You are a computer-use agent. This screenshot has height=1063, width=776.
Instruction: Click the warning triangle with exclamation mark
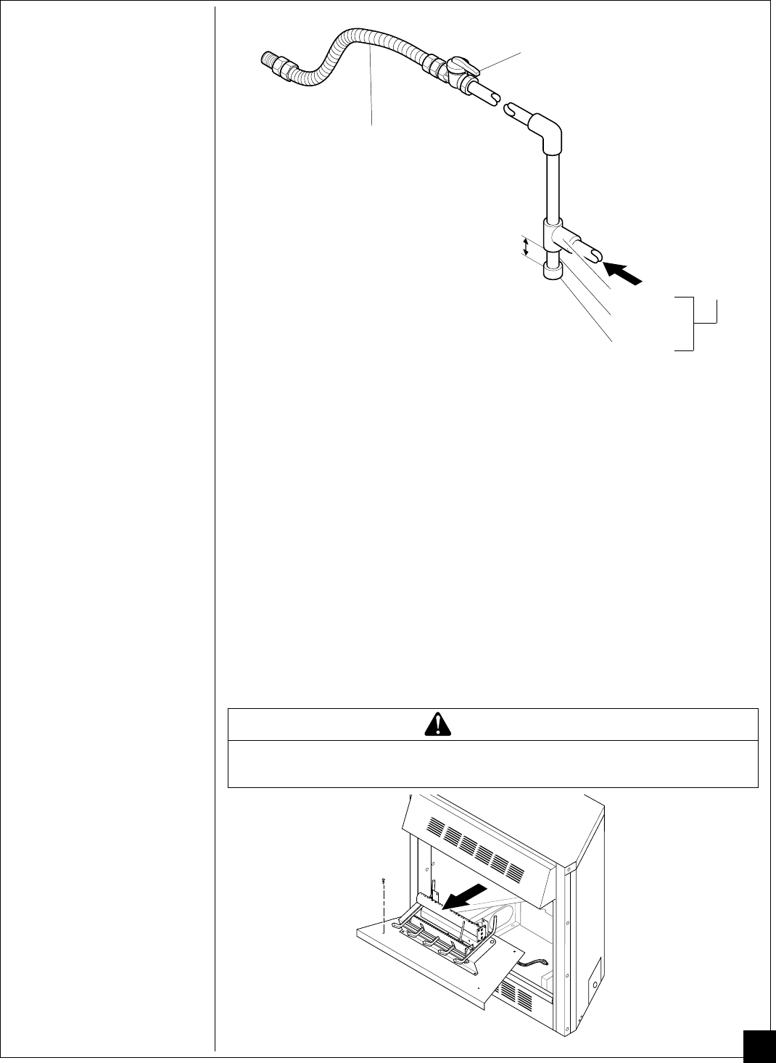point(437,723)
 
